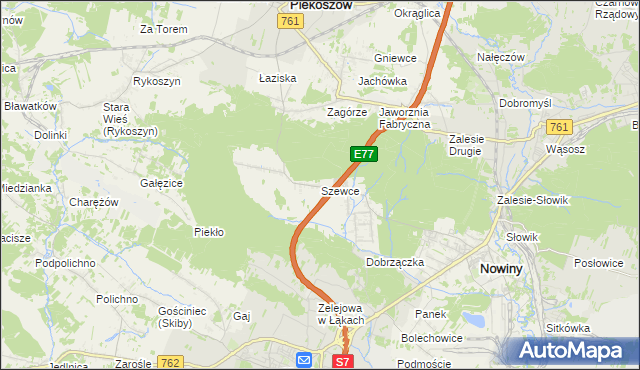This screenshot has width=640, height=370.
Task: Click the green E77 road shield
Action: pyautogui.click(x=363, y=154)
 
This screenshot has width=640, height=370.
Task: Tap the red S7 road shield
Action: pyautogui.click(x=342, y=361)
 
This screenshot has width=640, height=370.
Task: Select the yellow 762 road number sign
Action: pyautogui.click(x=169, y=362)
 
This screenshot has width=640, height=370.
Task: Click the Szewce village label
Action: pyautogui.click(x=340, y=190)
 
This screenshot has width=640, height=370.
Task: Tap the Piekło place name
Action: pyautogui.click(x=208, y=232)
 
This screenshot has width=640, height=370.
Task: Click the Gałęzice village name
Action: pyautogui.click(x=161, y=183)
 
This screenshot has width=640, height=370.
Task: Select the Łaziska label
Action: pyautogui.click(x=277, y=77)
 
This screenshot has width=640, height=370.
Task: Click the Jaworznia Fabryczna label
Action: pyautogui.click(x=404, y=118)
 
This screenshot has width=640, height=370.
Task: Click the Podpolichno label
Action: pyautogui.click(x=65, y=262)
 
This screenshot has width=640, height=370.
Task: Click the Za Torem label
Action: pyautogui.click(x=164, y=29)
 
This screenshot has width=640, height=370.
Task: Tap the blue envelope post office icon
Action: pyautogui.click(x=304, y=359)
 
